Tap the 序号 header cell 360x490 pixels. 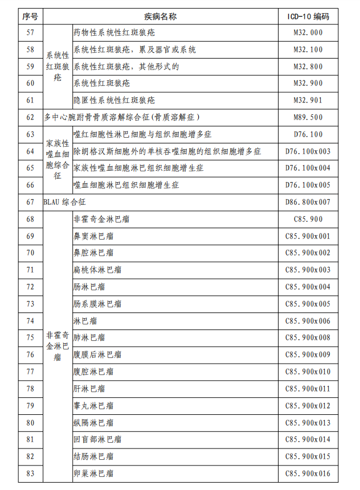tap(30, 17)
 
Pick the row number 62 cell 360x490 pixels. tap(30, 117)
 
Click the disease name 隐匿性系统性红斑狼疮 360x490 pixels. tap(114, 100)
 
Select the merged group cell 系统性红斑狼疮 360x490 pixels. tap(58, 67)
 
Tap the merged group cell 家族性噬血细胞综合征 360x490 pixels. tap(58, 160)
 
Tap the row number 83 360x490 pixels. tap(30, 473)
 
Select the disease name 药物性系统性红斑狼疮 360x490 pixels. tap(114, 32)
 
